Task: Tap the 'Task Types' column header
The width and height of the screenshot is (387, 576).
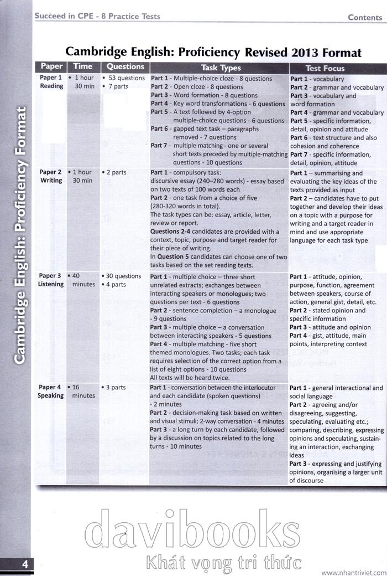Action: [x=221, y=68]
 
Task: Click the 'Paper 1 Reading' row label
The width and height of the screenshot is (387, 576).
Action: [x=51, y=82]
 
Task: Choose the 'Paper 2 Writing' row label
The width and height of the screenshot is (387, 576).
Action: [x=51, y=176]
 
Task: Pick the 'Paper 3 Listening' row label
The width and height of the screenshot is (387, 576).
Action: [x=51, y=280]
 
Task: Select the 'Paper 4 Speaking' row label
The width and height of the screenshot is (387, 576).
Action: [x=51, y=392]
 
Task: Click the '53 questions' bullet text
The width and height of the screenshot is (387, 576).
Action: [x=126, y=78]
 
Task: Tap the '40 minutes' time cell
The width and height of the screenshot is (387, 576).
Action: [x=83, y=280]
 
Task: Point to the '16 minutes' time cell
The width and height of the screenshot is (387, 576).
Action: [x=83, y=392]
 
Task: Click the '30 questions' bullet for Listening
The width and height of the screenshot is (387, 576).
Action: [x=123, y=276]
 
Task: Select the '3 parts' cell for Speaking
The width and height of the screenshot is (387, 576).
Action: [x=115, y=388]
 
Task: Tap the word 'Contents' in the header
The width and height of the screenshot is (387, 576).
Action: [x=365, y=17]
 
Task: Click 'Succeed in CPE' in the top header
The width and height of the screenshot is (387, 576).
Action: [x=61, y=16]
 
